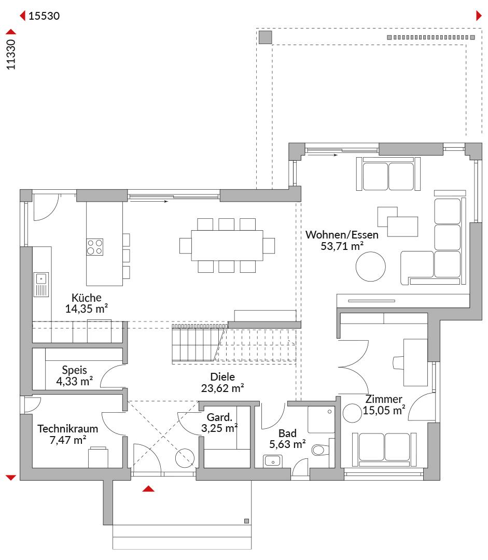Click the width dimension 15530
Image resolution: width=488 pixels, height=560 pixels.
[x=44, y=16]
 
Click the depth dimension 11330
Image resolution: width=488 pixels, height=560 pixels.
[x=11, y=54]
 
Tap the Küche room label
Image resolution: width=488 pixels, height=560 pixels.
[x=87, y=298]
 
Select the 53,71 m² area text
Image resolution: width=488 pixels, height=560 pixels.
[x=342, y=246]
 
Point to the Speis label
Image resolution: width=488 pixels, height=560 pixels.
[x=74, y=370]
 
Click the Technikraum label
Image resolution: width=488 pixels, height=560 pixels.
[x=68, y=429]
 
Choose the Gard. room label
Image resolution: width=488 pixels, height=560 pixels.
[x=219, y=417]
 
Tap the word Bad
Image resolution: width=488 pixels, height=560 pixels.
[x=287, y=433]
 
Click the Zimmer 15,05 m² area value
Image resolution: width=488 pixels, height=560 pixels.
[x=384, y=410]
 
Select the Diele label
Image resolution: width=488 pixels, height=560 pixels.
[x=222, y=377]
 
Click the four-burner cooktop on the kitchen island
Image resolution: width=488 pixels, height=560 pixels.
[x=95, y=247]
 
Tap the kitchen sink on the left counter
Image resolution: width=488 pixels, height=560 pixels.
[x=41, y=285]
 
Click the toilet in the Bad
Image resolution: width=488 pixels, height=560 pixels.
[x=320, y=450]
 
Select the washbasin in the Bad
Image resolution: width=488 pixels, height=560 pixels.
[x=273, y=461]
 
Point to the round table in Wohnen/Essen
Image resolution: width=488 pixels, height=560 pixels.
[x=371, y=267]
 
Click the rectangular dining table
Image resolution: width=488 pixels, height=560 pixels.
[x=227, y=245]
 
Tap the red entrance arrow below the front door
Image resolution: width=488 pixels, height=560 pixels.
[x=148, y=488]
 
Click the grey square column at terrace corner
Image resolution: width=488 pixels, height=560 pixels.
[x=265, y=37]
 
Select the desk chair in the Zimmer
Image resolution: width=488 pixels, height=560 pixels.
[x=398, y=362]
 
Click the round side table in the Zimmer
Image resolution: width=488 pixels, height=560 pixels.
[x=352, y=413]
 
